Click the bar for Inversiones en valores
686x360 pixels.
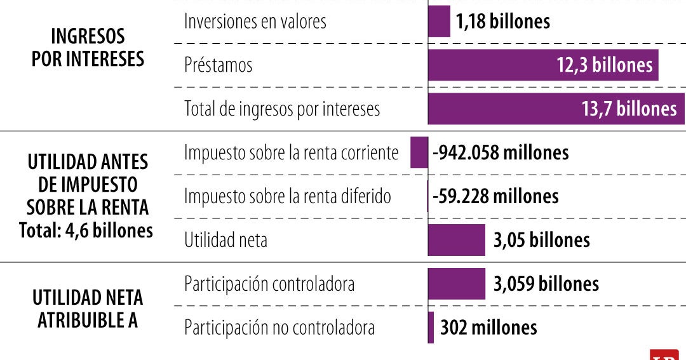point(439,22)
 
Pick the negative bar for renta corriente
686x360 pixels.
point(419,153)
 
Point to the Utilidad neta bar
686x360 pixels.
point(456,240)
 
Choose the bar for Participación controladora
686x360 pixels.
point(456,283)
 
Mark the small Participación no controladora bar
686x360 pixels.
point(431,327)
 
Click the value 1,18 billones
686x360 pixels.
point(502,22)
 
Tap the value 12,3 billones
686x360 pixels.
point(605,65)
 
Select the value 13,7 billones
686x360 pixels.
point(629,109)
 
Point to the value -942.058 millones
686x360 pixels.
point(501,153)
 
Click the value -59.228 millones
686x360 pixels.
point(495,196)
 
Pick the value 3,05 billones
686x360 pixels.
point(541,240)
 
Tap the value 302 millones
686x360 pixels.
point(488,327)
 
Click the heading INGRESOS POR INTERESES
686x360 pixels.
point(88,48)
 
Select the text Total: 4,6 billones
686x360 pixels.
point(86,230)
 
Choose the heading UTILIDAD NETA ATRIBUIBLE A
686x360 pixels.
point(88,309)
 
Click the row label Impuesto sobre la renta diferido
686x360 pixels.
point(288,196)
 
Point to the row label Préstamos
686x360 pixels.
point(218,65)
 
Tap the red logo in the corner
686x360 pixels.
point(664,355)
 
